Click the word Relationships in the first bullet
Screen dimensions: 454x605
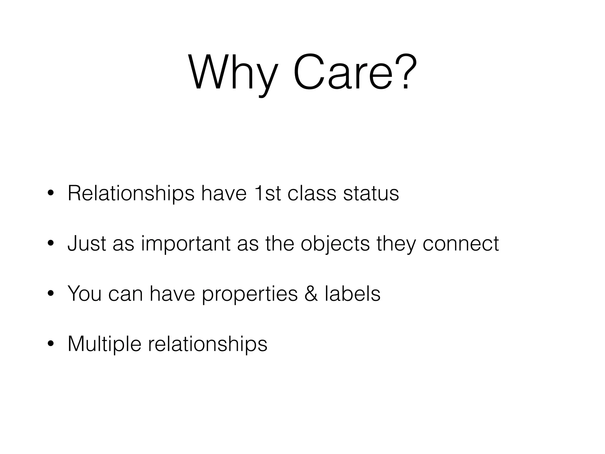[x=131, y=194]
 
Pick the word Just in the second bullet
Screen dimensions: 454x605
[x=87, y=243]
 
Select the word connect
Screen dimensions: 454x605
[x=461, y=243]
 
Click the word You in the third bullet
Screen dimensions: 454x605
[x=84, y=294]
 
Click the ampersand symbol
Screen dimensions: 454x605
[x=311, y=294]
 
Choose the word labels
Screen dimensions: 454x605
[x=352, y=294]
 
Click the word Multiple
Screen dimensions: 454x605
[x=104, y=344]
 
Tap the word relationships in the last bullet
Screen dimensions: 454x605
[x=207, y=344]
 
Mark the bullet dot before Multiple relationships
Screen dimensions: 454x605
[x=51, y=344]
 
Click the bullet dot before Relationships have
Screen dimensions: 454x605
[x=51, y=194]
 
